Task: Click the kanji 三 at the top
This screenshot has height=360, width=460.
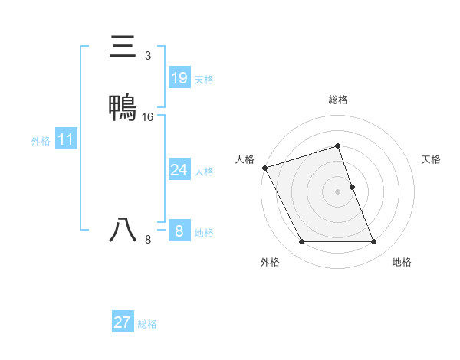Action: click(123, 47)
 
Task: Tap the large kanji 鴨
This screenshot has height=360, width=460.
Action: click(123, 106)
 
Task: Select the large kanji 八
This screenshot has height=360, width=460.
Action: click(123, 230)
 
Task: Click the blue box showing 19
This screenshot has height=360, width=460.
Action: click(179, 77)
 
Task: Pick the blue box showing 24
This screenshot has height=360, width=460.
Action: click(179, 170)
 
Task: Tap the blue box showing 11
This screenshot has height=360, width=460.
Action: click(66, 140)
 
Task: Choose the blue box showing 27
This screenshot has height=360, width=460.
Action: click(122, 322)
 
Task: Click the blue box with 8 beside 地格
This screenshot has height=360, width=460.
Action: click(179, 231)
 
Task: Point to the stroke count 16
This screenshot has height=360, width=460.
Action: click(148, 117)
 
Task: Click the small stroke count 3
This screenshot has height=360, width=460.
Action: click(147, 57)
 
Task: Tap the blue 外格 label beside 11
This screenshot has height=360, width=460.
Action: click(40, 141)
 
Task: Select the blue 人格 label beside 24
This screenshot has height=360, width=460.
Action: click(204, 171)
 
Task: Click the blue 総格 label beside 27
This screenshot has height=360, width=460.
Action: click(147, 324)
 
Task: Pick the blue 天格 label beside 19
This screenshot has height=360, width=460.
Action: click(204, 79)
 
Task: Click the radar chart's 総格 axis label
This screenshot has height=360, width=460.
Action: click(338, 100)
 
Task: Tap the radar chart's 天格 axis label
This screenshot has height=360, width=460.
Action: click(431, 159)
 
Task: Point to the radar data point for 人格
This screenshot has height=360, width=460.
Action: click(264, 168)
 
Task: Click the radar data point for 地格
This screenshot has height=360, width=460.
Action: click(374, 242)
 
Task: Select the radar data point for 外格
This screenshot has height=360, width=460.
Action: click(301, 242)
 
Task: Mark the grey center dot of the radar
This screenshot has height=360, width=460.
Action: click(338, 191)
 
